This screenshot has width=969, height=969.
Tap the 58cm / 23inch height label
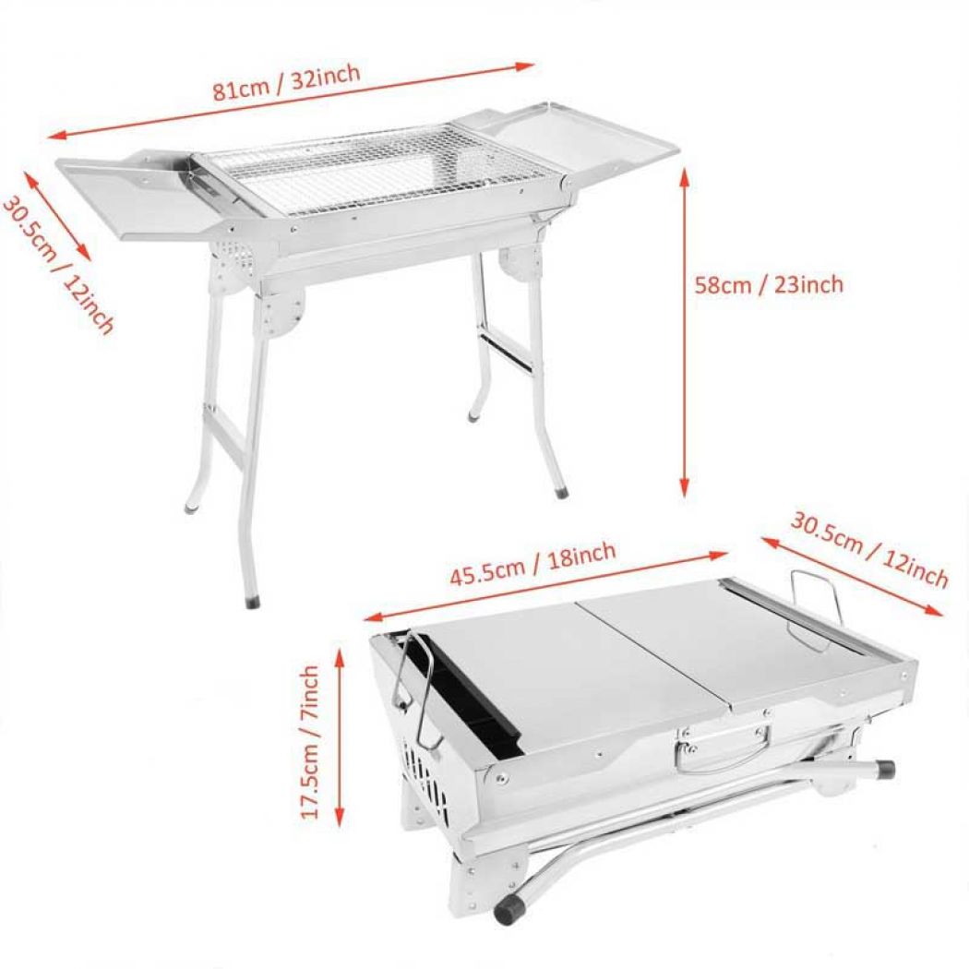click(x=769, y=284)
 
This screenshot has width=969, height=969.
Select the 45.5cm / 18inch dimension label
click(x=532, y=565)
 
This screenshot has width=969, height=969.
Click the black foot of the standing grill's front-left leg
click(x=252, y=602)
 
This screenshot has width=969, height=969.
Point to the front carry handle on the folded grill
click(x=724, y=744)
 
